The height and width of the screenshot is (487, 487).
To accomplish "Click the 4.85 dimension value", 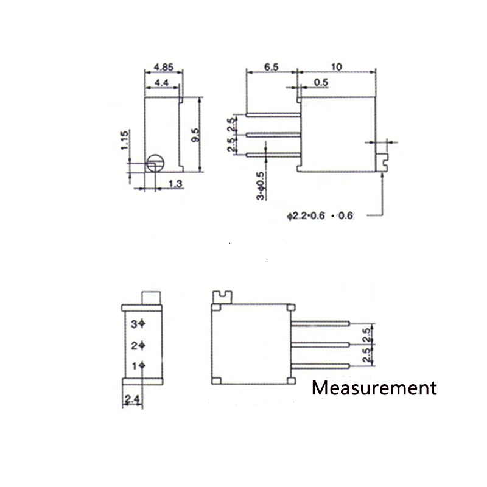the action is click(164, 67).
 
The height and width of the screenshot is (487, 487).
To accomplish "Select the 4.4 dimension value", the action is click(161, 83).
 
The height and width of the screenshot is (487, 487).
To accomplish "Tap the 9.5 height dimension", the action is click(195, 135).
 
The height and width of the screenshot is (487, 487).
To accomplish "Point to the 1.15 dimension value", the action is click(124, 140).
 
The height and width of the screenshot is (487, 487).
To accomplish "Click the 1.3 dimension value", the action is click(175, 184).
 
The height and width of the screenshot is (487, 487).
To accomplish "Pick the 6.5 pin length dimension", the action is click(271, 67).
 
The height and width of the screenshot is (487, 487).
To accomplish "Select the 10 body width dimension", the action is click(337, 67).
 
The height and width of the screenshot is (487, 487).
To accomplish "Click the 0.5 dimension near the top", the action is click(321, 82).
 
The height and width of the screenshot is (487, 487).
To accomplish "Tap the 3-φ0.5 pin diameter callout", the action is click(261, 186).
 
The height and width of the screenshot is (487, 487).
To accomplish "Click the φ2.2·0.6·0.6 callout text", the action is click(320, 215).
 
